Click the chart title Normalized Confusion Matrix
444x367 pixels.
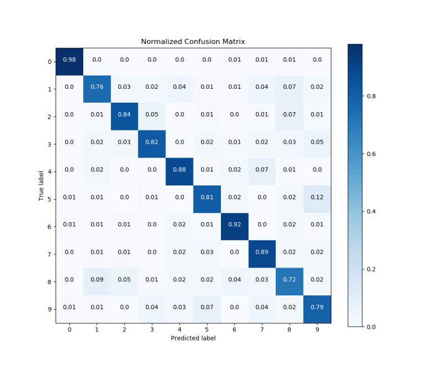193,42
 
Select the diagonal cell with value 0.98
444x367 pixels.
69,60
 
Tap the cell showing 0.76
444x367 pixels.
97,88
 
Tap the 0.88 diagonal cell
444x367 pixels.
179,170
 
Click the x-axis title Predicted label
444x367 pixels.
193,338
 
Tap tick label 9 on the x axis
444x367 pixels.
316,329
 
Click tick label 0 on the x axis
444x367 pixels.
69,329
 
